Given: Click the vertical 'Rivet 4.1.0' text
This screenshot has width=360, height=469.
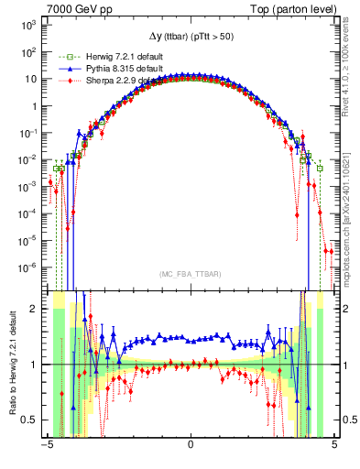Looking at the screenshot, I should pyautogui.click(x=352, y=64).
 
